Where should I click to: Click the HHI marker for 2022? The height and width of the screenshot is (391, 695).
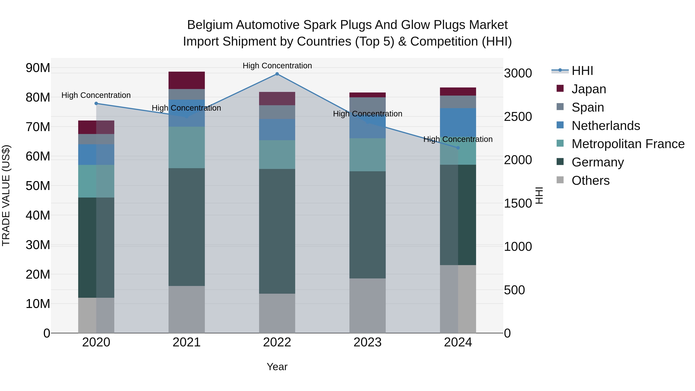coord(277,74)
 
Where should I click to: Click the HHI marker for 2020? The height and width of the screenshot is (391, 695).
coord(96,103)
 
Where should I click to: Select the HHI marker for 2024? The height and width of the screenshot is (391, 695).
coord(458,148)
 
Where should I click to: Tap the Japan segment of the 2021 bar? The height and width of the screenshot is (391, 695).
coord(186,80)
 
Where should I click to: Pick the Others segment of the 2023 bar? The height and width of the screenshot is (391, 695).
coord(367,305)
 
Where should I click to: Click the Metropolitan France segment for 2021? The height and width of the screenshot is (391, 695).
coord(186,147)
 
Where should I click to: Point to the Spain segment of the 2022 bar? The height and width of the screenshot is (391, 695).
coord(277,112)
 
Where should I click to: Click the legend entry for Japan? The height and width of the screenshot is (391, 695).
coord(588,89)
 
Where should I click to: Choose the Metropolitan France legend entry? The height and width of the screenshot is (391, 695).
coord(628,144)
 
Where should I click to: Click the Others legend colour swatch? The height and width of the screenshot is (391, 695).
coord(560,180)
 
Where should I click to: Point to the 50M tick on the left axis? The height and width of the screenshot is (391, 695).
coord(38,186)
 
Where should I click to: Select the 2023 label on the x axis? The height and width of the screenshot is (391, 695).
coord(367,342)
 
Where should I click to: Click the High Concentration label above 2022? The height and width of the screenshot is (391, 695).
coord(277,66)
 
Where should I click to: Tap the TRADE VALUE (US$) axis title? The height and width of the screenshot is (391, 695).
coord(6,195)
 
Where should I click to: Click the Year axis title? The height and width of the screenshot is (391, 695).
coord(277,367)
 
